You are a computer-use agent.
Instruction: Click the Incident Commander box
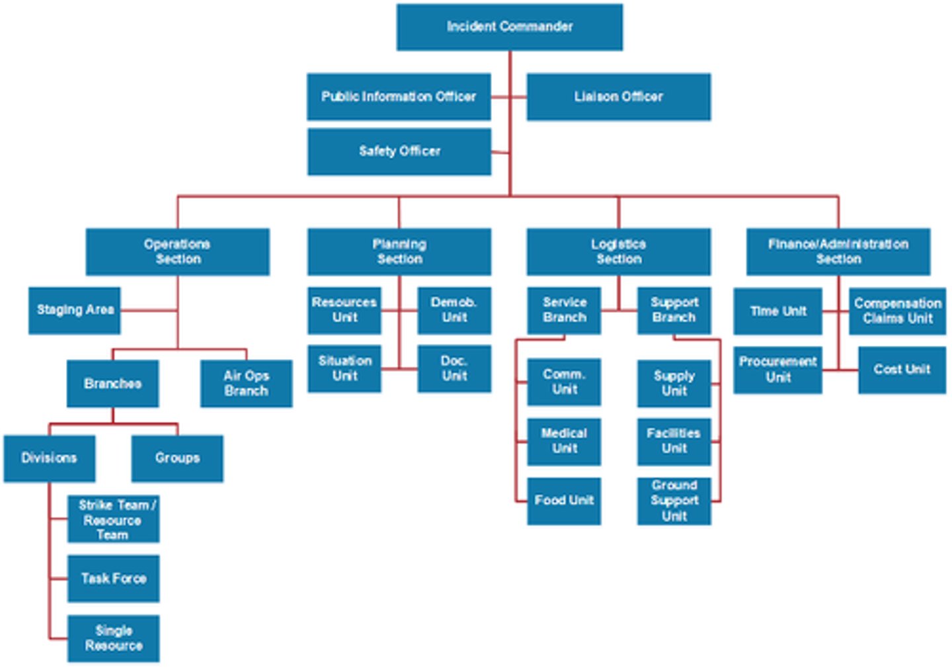(509, 27)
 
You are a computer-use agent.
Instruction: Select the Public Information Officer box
(399, 97)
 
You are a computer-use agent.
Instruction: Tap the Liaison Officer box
(618, 97)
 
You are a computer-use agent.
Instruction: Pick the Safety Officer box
(399, 151)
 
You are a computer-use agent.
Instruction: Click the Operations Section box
(177, 251)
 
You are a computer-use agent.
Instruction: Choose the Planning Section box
(399, 251)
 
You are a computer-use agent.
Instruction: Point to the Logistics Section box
(618, 251)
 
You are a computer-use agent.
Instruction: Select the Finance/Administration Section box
(838, 251)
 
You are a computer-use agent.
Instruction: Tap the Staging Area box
(75, 310)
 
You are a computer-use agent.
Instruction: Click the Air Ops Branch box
(246, 383)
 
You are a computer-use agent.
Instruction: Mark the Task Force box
(113, 579)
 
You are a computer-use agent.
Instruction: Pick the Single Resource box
(113, 638)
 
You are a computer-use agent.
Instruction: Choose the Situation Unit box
(344, 368)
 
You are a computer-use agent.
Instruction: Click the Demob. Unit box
(454, 310)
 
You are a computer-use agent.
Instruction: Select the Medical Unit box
(564, 441)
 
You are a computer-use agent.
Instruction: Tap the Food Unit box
(564, 501)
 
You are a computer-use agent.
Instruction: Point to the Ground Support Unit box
(674, 501)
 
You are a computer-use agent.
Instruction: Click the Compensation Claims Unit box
(897, 311)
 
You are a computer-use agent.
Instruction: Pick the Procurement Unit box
(777, 370)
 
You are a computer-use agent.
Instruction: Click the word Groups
(177, 458)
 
